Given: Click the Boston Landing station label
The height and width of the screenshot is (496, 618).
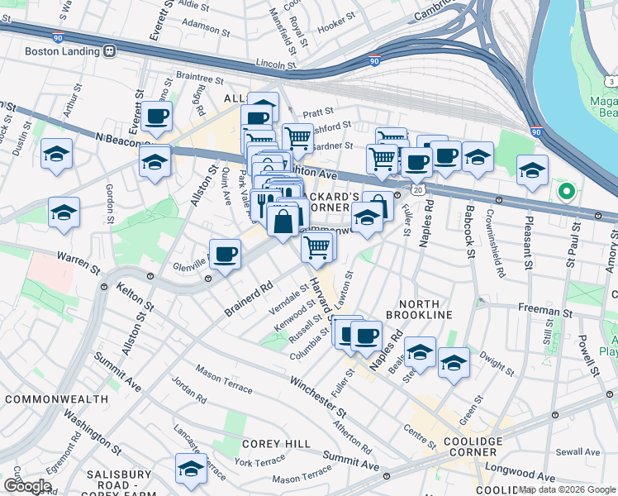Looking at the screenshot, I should (63, 50).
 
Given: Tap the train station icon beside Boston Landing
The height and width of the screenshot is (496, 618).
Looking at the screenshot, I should (110, 50).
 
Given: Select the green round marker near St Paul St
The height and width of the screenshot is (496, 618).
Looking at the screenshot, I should (566, 193).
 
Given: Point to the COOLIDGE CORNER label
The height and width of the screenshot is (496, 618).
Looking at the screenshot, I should (473, 447).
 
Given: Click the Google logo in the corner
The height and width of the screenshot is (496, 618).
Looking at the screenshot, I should (27, 486).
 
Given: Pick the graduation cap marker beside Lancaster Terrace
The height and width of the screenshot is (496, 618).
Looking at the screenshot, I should (191, 468).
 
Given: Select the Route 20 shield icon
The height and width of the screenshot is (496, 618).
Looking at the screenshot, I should (419, 190).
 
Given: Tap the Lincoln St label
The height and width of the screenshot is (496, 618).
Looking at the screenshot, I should (277, 63).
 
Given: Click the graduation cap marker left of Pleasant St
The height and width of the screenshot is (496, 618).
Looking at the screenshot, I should (533, 170).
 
